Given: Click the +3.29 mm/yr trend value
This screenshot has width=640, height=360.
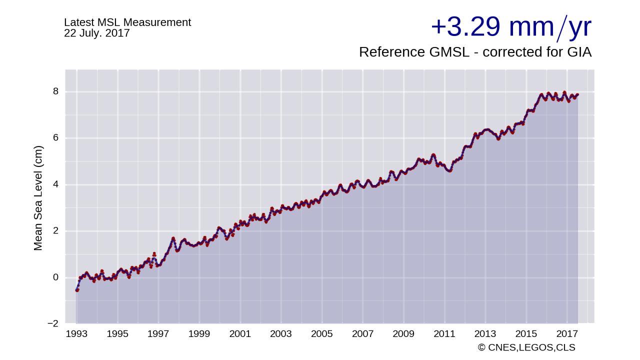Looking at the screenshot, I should click(510, 27).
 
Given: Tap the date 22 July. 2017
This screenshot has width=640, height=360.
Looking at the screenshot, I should click(96, 33).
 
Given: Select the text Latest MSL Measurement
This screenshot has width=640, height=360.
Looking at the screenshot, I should click(127, 22).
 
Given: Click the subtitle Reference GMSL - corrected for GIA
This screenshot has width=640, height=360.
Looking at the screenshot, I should click(475, 52).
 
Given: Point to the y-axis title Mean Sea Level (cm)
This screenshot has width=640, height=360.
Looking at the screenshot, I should click(38, 198).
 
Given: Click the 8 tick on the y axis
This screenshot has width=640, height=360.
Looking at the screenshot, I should click(55, 91).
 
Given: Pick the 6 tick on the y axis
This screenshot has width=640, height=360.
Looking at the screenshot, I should click(55, 138).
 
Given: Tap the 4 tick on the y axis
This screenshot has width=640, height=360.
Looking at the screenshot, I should click(55, 184).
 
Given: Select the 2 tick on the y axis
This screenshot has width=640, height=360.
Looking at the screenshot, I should click(55, 231).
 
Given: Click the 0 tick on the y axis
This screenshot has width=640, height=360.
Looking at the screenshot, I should click(55, 277).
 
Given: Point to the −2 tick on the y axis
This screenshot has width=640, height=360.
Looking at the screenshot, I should click(52, 323).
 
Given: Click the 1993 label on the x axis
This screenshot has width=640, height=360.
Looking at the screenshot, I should click(76, 334).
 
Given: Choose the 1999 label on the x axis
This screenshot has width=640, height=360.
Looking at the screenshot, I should click(199, 334).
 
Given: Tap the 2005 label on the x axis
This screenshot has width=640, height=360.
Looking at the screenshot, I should click(322, 334).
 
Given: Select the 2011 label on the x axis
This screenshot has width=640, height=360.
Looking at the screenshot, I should click(444, 334).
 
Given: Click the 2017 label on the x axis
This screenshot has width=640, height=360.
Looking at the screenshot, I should click(567, 334).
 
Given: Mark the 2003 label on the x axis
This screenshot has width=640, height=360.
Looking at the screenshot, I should click(281, 334).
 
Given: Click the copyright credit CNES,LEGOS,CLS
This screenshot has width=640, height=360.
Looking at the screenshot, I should click(526, 347).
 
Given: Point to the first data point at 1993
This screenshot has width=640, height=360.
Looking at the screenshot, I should click(77, 290).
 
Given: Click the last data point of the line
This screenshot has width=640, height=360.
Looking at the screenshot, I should click(577, 94).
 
